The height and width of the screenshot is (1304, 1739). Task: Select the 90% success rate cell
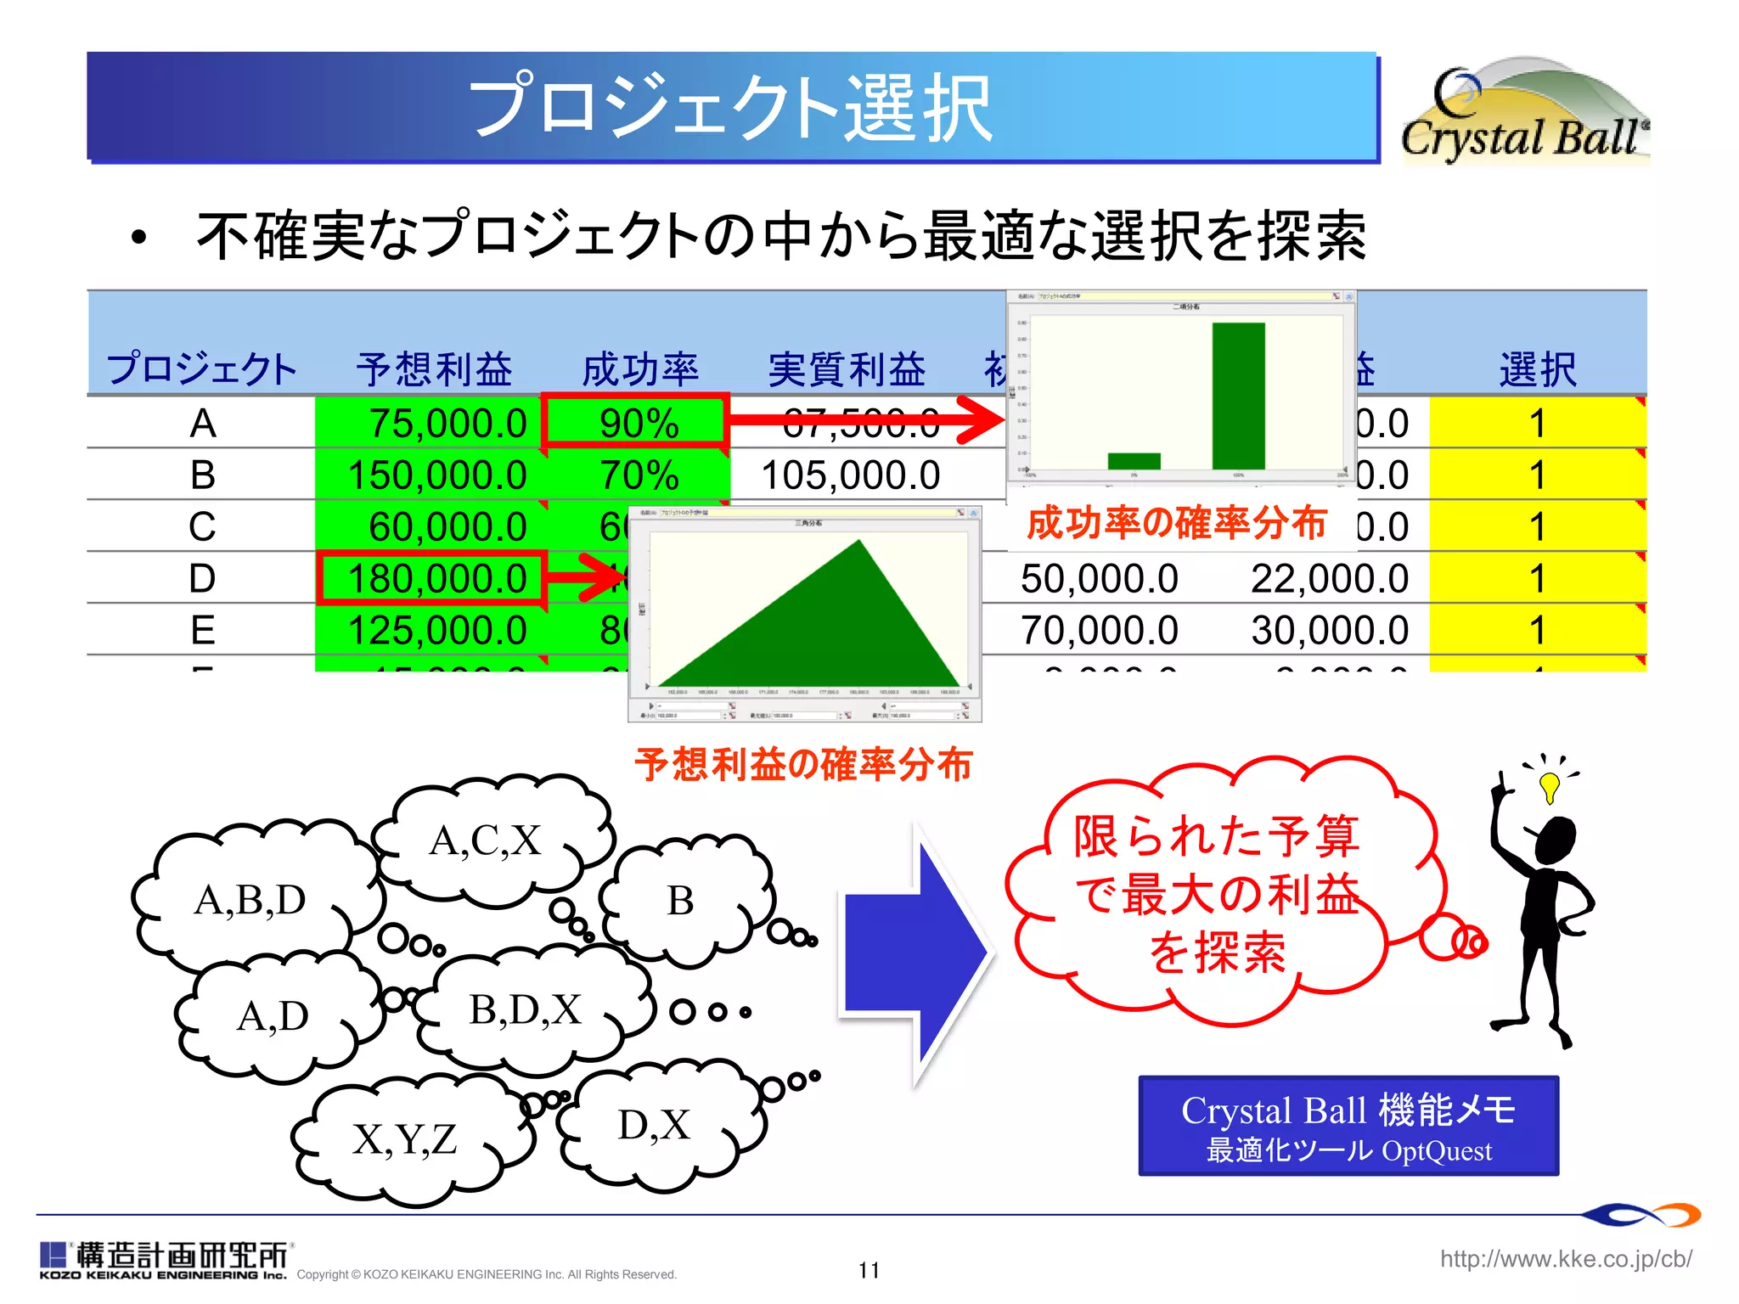637,422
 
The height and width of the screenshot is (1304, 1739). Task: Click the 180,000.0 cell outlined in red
432,578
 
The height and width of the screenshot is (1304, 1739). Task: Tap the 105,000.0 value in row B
850,475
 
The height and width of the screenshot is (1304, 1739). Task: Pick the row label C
202,526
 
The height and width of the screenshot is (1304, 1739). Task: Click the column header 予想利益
434,369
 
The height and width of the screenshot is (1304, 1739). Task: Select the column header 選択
1537,369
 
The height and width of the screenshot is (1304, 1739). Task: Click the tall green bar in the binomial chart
1238,395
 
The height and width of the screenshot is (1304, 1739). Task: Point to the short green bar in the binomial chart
1134,460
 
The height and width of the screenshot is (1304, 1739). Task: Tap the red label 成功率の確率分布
1176,522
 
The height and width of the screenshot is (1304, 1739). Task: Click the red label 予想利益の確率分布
802,764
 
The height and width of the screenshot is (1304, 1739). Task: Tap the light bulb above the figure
1550,785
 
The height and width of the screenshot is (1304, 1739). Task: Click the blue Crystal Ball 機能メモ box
1348,1126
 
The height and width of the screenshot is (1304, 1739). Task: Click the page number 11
869,1270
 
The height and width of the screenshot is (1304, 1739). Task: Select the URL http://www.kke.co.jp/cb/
1565,1258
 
